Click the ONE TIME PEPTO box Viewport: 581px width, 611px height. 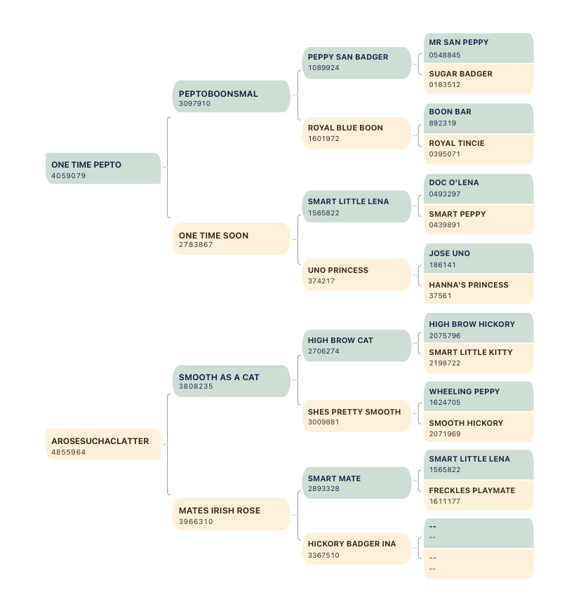point(103,168)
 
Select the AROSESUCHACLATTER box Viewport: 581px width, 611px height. point(103,444)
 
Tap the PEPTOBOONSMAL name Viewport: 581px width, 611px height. point(218,94)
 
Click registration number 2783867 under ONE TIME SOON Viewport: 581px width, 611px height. point(196,245)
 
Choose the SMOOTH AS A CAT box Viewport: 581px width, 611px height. point(232,381)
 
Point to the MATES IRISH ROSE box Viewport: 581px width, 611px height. point(232,514)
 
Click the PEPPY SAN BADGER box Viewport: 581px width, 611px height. point(356,63)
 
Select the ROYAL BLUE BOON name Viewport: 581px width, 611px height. point(345,128)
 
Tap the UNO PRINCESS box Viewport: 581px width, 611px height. point(356,274)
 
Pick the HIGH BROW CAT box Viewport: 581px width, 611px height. point(356,346)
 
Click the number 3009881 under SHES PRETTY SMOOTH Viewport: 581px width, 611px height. point(323,422)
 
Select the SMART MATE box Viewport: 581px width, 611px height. point(356,483)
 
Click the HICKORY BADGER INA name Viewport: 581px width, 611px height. point(352,544)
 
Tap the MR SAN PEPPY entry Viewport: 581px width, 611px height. point(479,48)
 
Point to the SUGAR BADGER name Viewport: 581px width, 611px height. point(460,74)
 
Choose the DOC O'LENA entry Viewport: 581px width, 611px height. point(479,189)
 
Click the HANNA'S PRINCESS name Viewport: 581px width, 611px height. point(469,285)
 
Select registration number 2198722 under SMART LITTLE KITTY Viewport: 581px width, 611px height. point(445,363)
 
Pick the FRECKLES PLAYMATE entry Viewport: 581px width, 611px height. point(479,495)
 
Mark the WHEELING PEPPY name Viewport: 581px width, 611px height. point(465,391)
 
